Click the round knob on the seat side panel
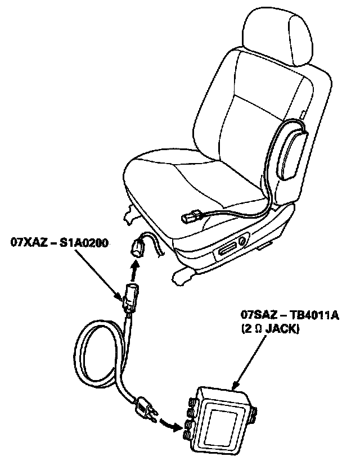click(x=242, y=242)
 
